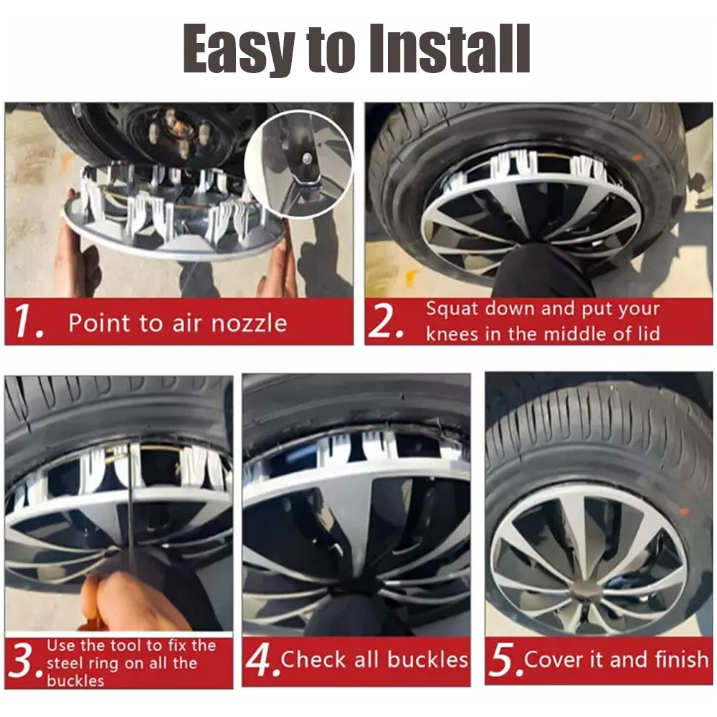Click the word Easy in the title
(239, 49)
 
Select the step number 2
(386, 321)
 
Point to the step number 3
(24, 662)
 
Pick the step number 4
(262, 660)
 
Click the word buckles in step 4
(427, 660)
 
